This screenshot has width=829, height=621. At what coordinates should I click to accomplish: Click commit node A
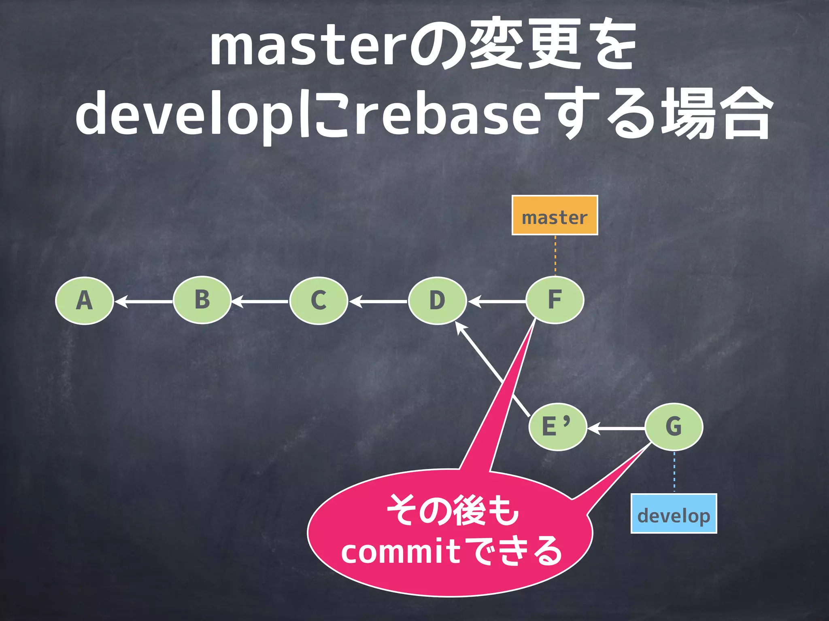84,301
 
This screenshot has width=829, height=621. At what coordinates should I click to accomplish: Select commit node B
202,300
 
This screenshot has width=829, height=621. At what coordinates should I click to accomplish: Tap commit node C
319,301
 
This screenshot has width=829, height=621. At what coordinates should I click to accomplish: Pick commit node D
437,301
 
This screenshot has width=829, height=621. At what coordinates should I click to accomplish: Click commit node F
555,300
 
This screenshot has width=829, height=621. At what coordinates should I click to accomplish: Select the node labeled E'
557,427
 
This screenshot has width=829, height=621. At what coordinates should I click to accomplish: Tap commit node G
674,427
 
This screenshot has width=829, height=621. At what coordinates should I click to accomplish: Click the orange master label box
555,215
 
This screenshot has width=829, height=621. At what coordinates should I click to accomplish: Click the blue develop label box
674,513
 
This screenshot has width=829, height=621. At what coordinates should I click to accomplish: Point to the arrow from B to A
144,302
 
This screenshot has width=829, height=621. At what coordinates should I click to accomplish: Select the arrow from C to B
260,302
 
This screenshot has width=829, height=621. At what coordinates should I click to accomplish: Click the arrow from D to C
378,302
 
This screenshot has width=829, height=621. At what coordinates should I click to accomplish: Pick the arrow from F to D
497,302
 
